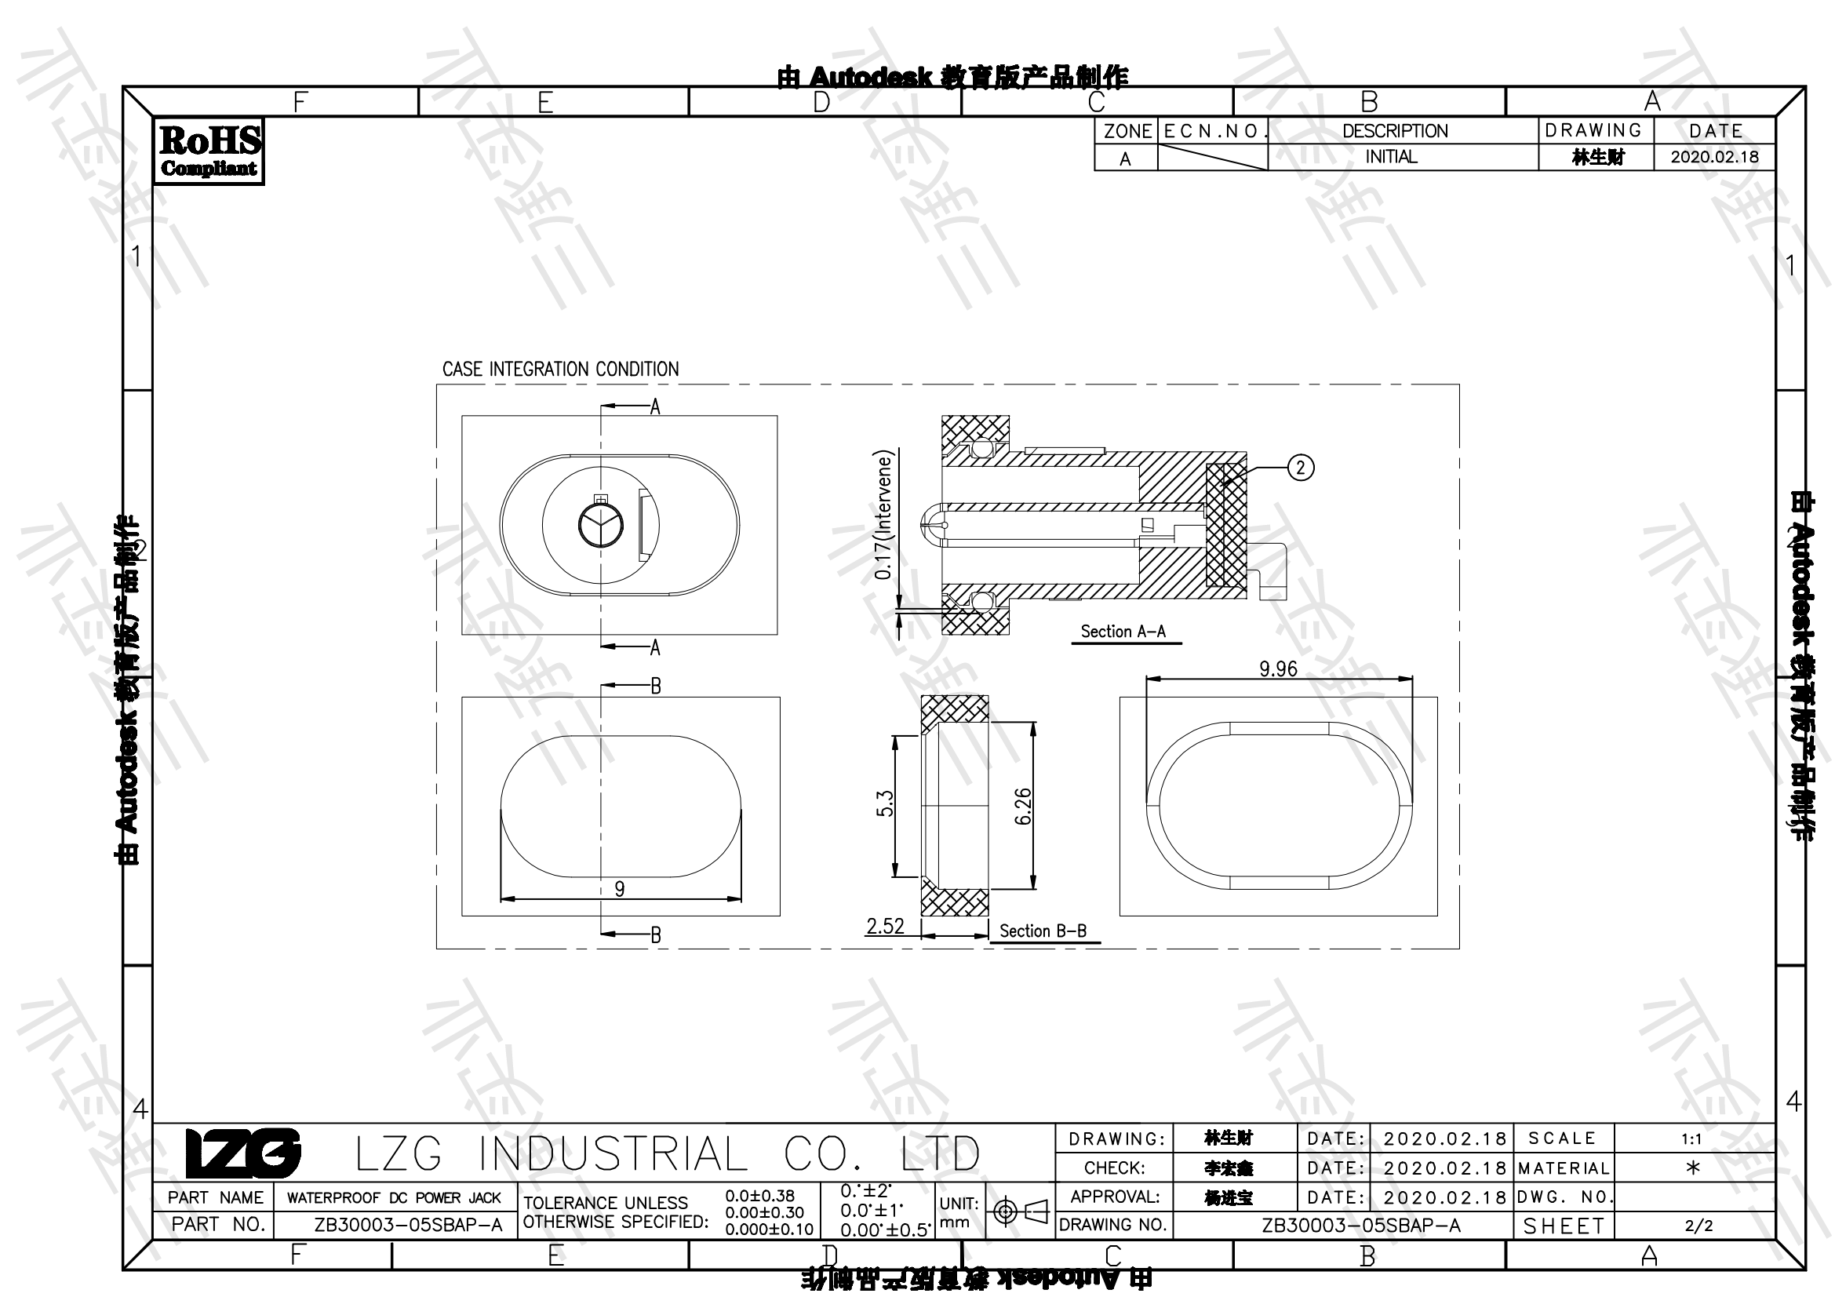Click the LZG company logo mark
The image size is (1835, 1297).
tap(243, 1153)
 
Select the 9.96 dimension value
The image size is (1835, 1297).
tap(1277, 669)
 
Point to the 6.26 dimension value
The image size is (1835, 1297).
tap(1023, 807)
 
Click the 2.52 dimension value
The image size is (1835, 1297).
tap(885, 926)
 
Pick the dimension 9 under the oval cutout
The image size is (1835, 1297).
tap(620, 889)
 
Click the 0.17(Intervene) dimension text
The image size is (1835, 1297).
tap(883, 515)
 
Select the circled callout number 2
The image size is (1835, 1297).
tap(1300, 468)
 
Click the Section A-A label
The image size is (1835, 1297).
tap(1123, 632)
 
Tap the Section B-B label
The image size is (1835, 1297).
tap(1043, 931)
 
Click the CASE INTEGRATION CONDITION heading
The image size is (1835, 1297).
tap(560, 370)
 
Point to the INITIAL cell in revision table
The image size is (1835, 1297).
tap(1391, 157)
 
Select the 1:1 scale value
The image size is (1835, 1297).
tap(1691, 1139)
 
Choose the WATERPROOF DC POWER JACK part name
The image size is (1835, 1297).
tap(394, 1198)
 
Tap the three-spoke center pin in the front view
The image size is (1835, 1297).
tap(600, 525)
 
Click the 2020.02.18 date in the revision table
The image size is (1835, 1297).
tap(1714, 157)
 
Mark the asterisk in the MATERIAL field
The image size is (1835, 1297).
tap(1692, 1168)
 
